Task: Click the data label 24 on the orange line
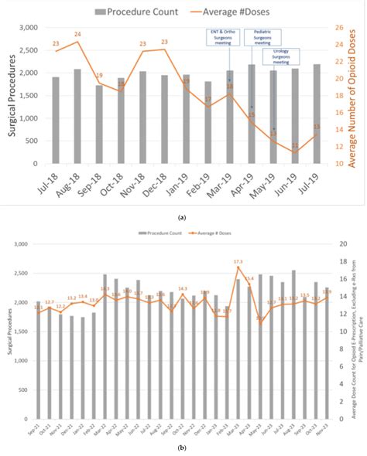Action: (x=77, y=34)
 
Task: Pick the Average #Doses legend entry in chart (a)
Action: (x=232, y=12)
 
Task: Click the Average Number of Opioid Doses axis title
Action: (x=354, y=96)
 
